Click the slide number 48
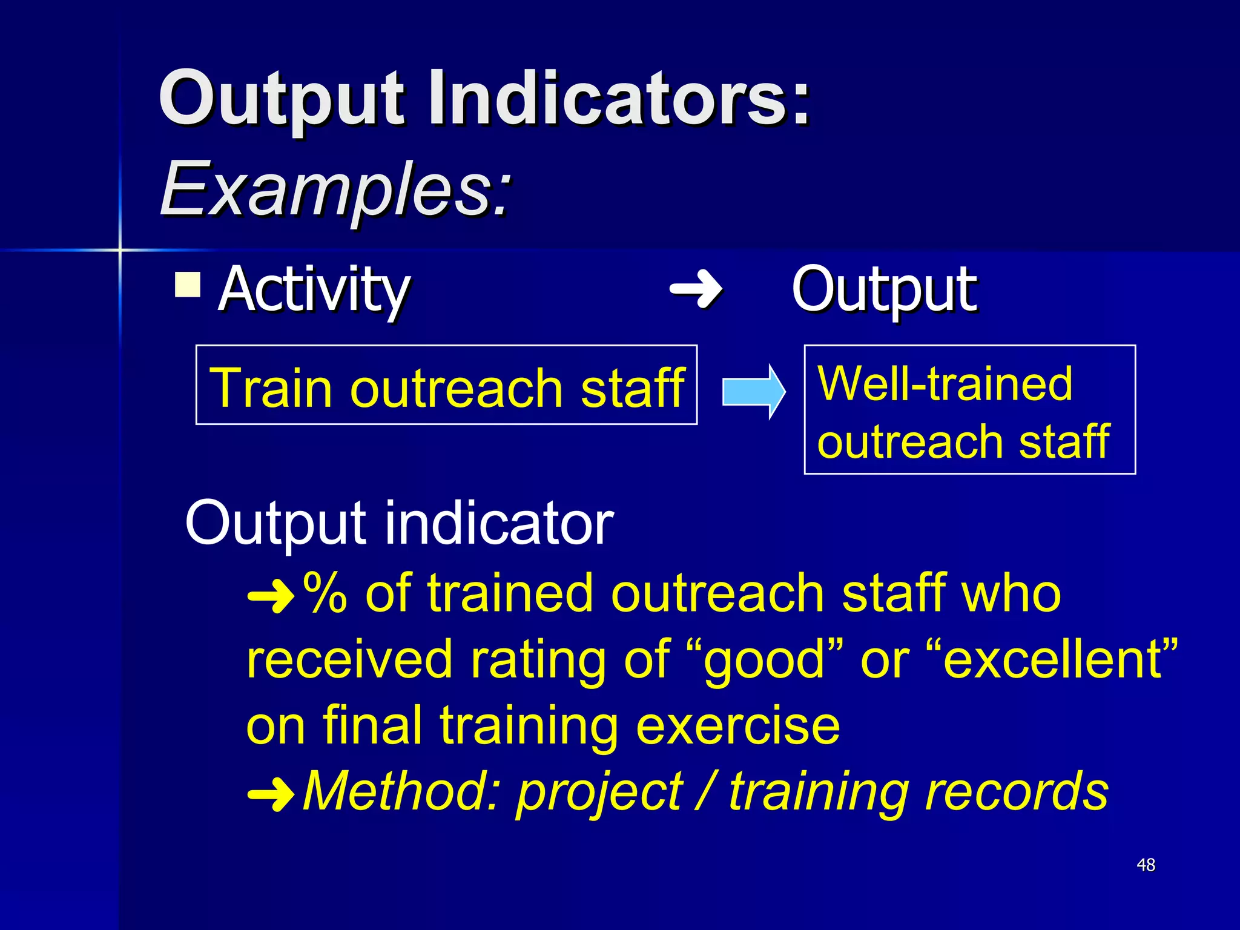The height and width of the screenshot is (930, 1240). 1146,865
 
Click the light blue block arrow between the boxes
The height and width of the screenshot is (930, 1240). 753,392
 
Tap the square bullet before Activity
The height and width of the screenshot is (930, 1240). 188,285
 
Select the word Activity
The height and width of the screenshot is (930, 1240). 314,291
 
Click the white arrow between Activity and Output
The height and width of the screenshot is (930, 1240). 696,289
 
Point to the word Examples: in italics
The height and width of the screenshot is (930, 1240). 335,190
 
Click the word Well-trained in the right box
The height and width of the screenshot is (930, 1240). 945,383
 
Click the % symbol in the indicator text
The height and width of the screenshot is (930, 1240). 325,593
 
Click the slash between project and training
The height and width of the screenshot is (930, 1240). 705,791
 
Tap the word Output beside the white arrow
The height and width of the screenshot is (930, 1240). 884,291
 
